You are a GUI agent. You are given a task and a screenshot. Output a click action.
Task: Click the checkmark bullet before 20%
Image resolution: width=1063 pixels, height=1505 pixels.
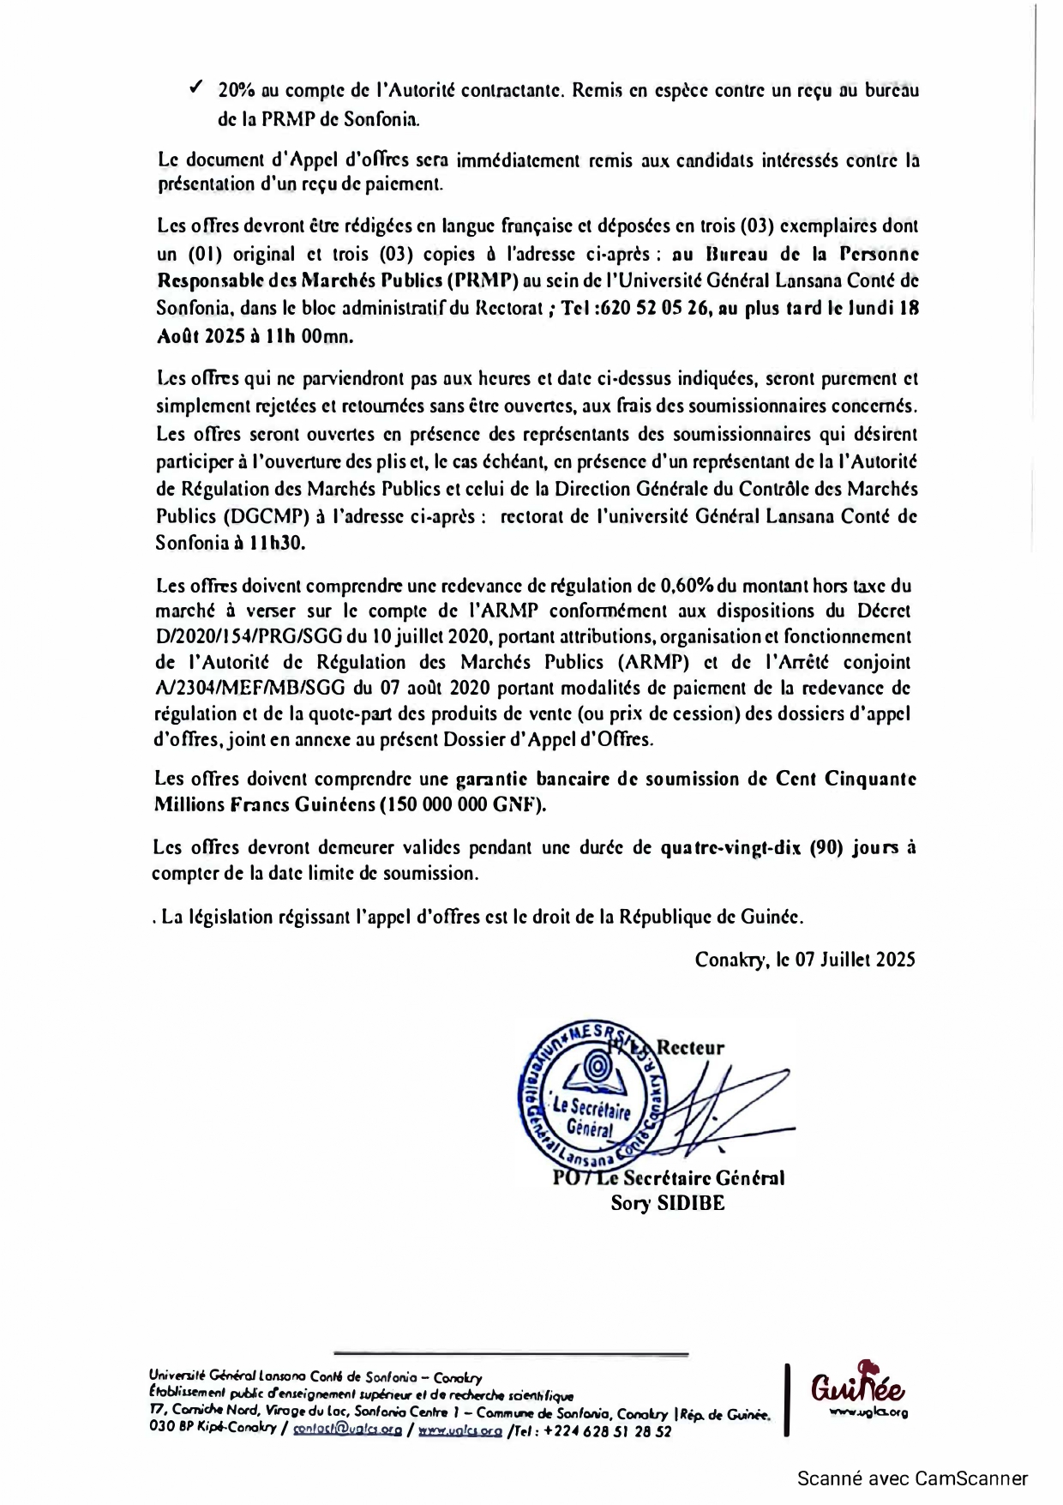click(x=195, y=87)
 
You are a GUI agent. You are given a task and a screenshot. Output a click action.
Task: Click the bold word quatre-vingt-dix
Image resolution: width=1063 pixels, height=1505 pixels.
click(x=731, y=847)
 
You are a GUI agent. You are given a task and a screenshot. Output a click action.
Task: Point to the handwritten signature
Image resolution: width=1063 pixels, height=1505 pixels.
click(x=720, y=1106)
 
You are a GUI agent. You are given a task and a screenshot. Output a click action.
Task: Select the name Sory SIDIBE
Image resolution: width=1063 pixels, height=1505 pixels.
click(x=667, y=1202)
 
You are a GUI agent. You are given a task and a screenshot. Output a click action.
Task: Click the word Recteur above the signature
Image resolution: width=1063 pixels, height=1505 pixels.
click(x=691, y=1047)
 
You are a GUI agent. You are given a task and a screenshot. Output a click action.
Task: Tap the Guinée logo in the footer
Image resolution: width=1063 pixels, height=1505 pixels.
click(x=858, y=1387)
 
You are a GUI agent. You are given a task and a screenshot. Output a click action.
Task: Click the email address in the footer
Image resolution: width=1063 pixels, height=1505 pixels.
click(x=347, y=1430)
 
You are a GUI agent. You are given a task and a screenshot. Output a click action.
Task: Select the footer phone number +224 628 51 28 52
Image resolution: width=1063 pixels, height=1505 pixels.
click(x=607, y=1430)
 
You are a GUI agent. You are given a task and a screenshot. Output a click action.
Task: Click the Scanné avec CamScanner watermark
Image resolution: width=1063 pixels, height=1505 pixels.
click(x=912, y=1478)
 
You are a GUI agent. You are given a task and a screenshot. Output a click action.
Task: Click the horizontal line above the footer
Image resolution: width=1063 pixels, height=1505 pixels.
click(x=511, y=1354)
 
